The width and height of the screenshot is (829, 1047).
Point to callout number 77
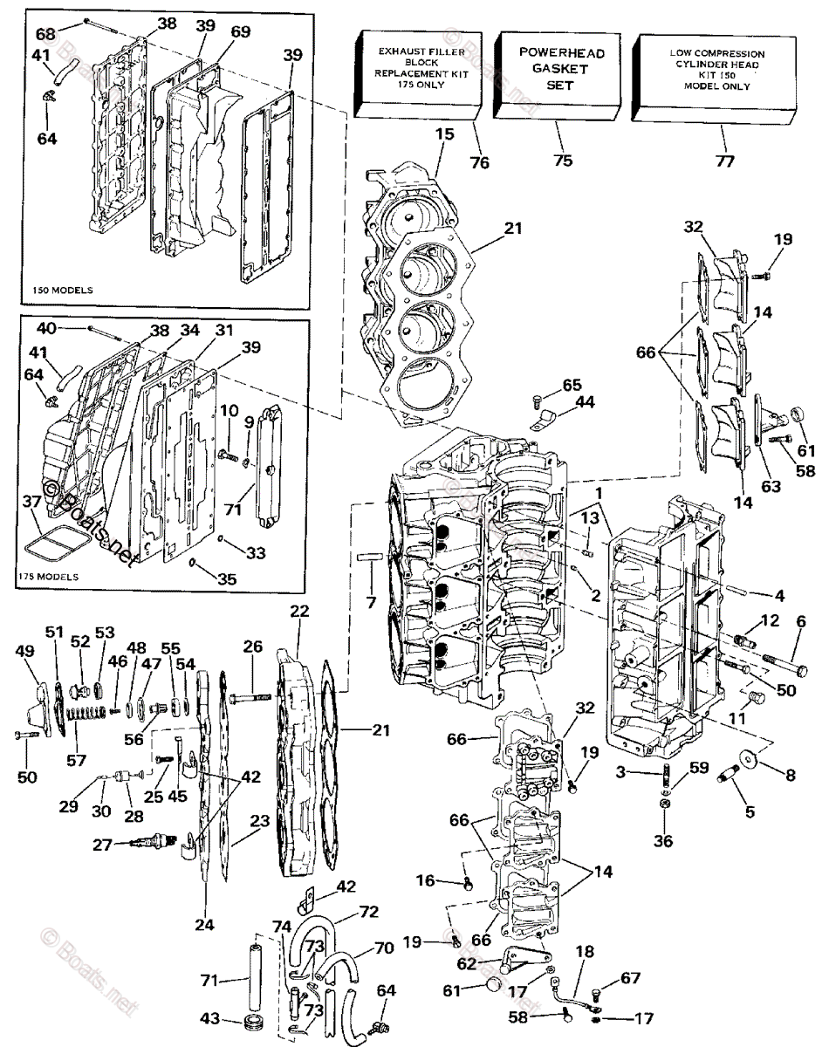coord(725,161)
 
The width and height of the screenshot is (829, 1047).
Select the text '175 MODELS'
coord(48,577)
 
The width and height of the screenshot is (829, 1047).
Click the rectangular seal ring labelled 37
coord(50,545)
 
